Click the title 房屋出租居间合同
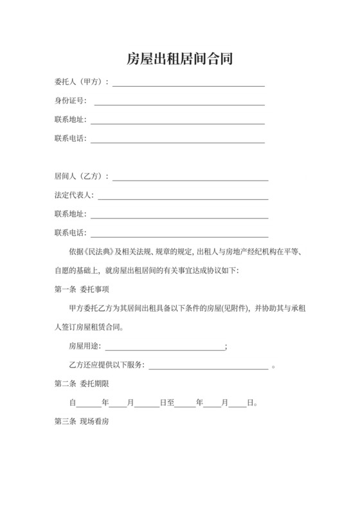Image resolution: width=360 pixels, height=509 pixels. click(x=179, y=59)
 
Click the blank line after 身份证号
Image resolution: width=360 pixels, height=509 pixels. click(x=179, y=103)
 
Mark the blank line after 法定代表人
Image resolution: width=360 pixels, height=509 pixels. click(x=183, y=198)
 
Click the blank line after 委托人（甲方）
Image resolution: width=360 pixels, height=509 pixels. click(x=189, y=85)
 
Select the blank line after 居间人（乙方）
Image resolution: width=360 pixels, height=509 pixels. click(x=191, y=179)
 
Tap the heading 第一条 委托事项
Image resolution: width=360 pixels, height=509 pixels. click(x=82, y=289)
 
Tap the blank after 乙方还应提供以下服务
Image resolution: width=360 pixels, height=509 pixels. click(x=208, y=368)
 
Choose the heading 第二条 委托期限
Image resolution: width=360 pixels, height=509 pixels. click(x=82, y=384)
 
